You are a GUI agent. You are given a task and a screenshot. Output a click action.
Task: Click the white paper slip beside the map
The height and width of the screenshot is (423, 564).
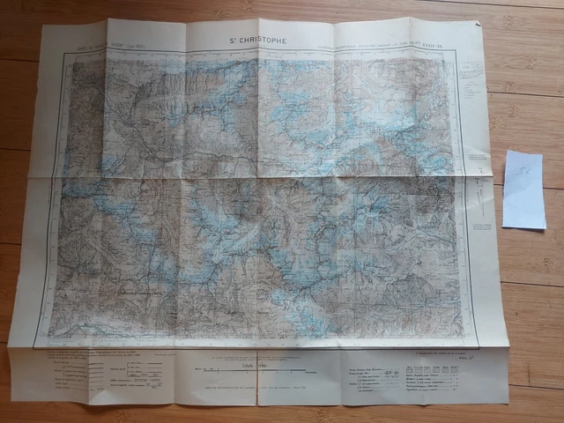(523, 189)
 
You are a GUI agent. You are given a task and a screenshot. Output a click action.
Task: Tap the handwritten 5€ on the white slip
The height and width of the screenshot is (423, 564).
(522, 166)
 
